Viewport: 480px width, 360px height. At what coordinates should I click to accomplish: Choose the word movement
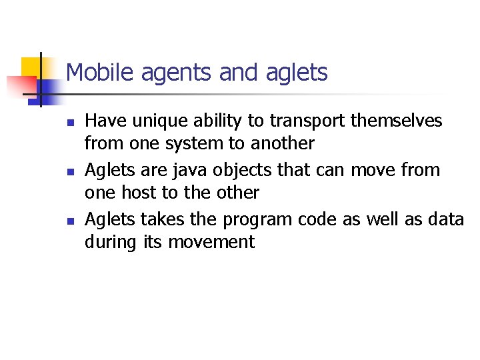(211, 241)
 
